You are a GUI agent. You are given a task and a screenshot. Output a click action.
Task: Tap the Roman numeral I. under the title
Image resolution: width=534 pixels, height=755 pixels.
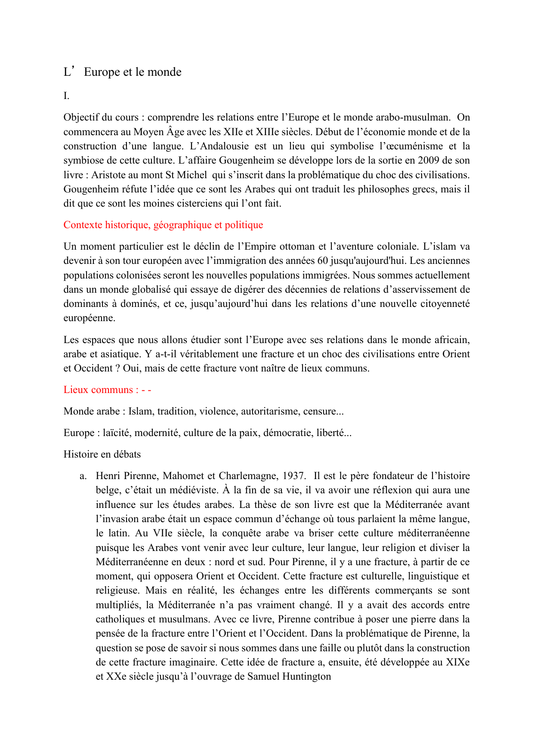pyautogui.click(x=66, y=96)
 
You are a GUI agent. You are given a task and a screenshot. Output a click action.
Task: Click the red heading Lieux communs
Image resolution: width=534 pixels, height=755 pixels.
pyautogui.click(x=98, y=390)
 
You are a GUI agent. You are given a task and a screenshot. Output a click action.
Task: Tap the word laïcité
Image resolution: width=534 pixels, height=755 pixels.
pyautogui.click(x=116, y=433)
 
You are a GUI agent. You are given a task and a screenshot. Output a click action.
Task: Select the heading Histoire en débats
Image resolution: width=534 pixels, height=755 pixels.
pyautogui.click(x=102, y=455)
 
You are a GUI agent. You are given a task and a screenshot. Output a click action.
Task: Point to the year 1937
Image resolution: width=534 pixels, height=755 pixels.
pyautogui.click(x=293, y=476)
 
